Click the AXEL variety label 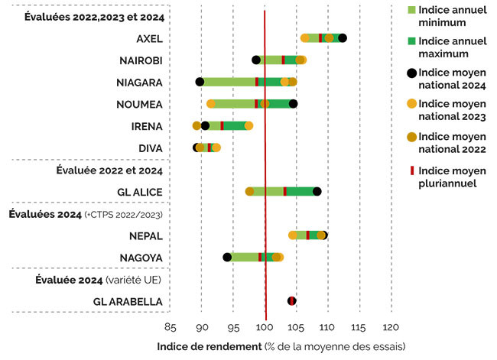(149, 39)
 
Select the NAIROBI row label (141, 60)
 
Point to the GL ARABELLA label (131, 302)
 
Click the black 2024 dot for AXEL (342, 38)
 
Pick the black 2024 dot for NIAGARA (200, 82)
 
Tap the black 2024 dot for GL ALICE (317, 191)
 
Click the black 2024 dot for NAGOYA (227, 257)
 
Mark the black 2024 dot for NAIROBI (256, 60)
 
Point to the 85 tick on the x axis (171, 328)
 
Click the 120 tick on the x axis (391, 328)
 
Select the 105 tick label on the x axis (296, 328)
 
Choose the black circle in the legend (414, 73)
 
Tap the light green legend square (414, 10)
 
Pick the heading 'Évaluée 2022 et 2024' (109, 170)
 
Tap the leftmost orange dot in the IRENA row (197, 125)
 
